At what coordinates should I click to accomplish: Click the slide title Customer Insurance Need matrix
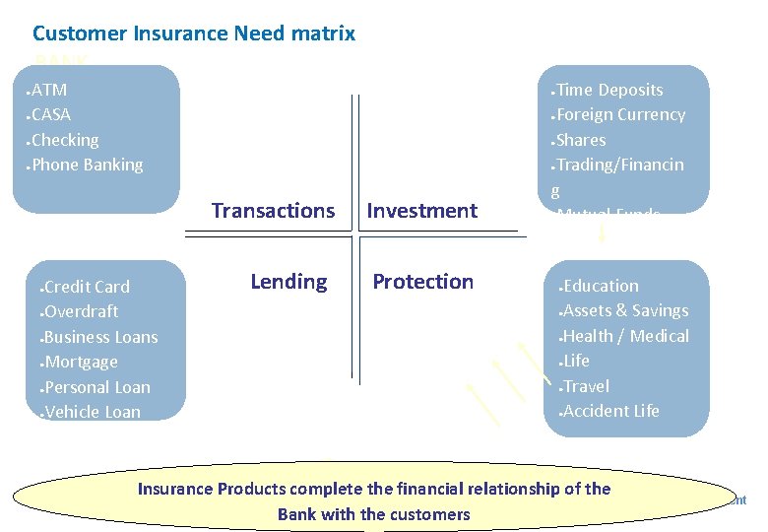(x=194, y=33)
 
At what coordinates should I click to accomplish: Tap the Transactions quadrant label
(x=273, y=211)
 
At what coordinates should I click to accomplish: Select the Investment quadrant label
(x=421, y=211)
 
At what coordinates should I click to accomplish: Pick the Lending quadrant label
(x=288, y=282)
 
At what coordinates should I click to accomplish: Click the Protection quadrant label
(x=422, y=282)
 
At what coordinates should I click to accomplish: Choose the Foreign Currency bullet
(x=620, y=114)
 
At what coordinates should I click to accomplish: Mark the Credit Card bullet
(x=87, y=287)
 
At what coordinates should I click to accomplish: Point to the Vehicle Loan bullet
(x=93, y=412)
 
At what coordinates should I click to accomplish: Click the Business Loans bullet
(x=100, y=337)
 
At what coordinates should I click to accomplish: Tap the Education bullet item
(x=601, y=286)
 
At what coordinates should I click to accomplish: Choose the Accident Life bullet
(x=610, y=411)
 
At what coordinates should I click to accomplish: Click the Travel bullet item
(x=586, y=386)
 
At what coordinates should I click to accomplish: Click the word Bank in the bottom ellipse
(x=296, y=514)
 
